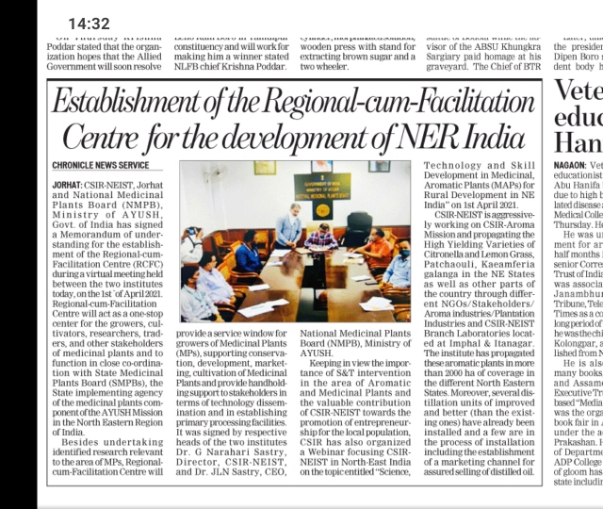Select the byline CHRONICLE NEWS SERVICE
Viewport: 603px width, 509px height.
(101, 165)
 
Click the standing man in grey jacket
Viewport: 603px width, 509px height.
(289, 226)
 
